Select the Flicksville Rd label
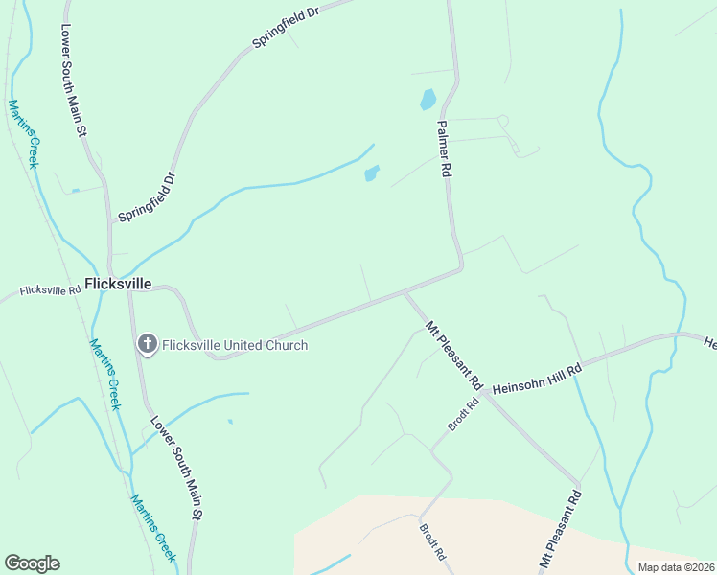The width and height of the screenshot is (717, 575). click(51, 289)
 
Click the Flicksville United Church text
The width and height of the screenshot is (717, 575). click(235, 345)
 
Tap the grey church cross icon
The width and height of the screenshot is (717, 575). click(147, 344)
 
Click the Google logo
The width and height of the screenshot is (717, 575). click(32, 563)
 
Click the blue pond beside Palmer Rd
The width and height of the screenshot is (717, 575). click(428, 99)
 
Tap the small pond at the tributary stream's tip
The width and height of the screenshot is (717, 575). click(371, 173)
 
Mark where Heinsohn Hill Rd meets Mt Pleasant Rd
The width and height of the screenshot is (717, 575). click(487, 393)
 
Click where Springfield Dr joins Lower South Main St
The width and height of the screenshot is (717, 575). click(110, 222)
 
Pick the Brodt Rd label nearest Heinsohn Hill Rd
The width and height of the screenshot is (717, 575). click(463, 415)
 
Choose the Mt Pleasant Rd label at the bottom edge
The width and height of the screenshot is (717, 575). click(561, 531)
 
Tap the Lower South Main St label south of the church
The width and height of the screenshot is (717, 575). click(175, 467)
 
